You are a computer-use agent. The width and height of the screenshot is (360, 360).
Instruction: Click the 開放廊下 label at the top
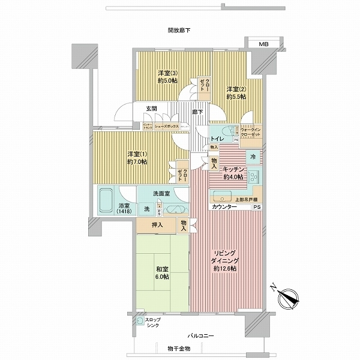point(179,29)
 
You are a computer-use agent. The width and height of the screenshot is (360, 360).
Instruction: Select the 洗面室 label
point(159,194)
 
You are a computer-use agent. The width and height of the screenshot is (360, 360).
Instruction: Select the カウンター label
point(223,207)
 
